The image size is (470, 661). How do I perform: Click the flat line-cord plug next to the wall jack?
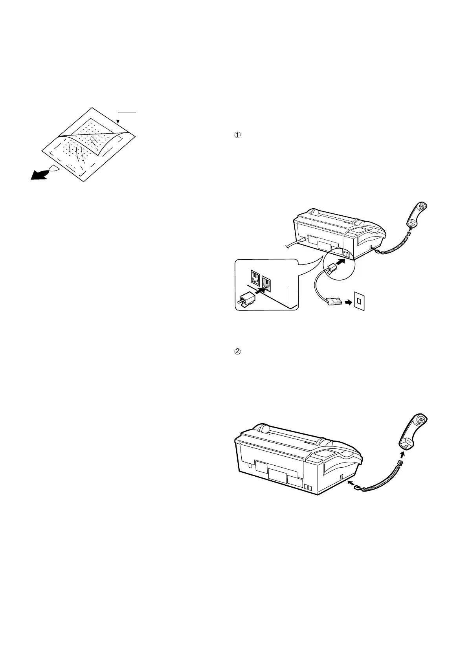pyautogui.click(x=332, y=302)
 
